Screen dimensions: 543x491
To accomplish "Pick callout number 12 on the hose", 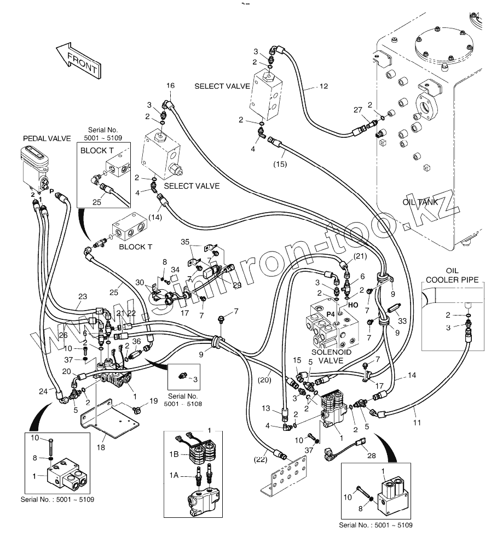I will [324, 86].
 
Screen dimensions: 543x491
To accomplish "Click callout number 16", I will [170, 86].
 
